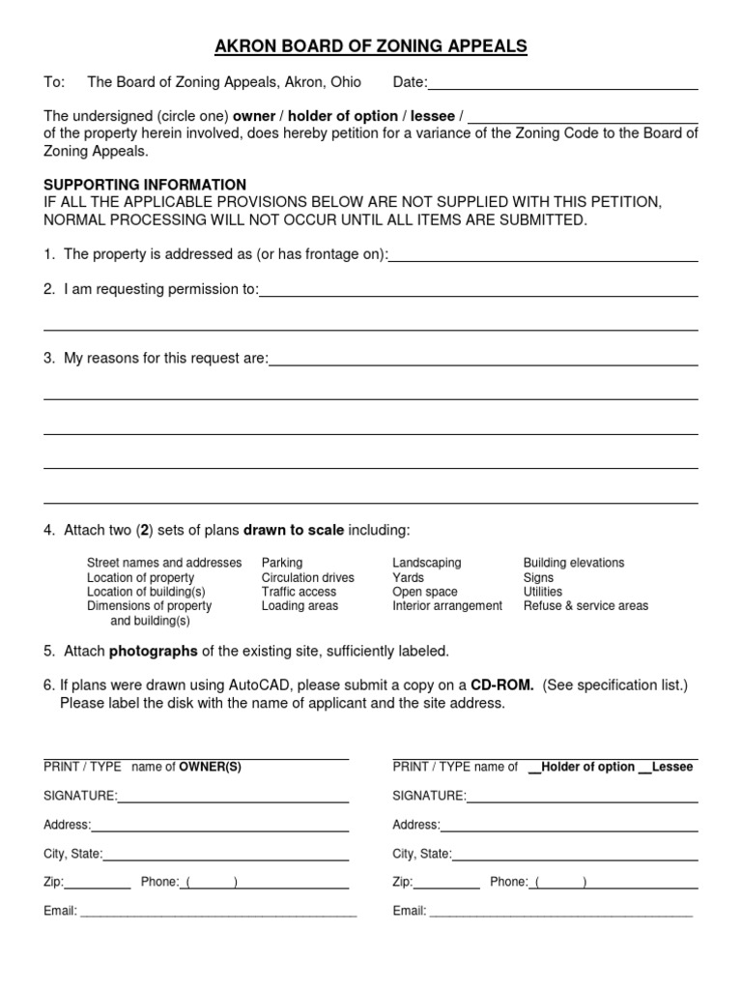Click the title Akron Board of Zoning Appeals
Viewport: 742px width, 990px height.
(370, 46)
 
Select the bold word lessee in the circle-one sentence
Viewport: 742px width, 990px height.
(432, 116)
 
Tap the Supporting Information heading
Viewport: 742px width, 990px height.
(145, 185)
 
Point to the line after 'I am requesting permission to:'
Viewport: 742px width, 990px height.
(478, 294)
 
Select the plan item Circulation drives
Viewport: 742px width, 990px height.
(307, 577)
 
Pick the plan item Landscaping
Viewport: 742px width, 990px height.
(426, 563)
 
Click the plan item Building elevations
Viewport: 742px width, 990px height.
(573, 563)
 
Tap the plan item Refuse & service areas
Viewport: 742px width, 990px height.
(585, 606)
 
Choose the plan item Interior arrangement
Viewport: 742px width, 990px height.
(446, 606)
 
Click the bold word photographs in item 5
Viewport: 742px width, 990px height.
(154, 651)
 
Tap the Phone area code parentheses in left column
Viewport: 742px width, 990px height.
(210, 882)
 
